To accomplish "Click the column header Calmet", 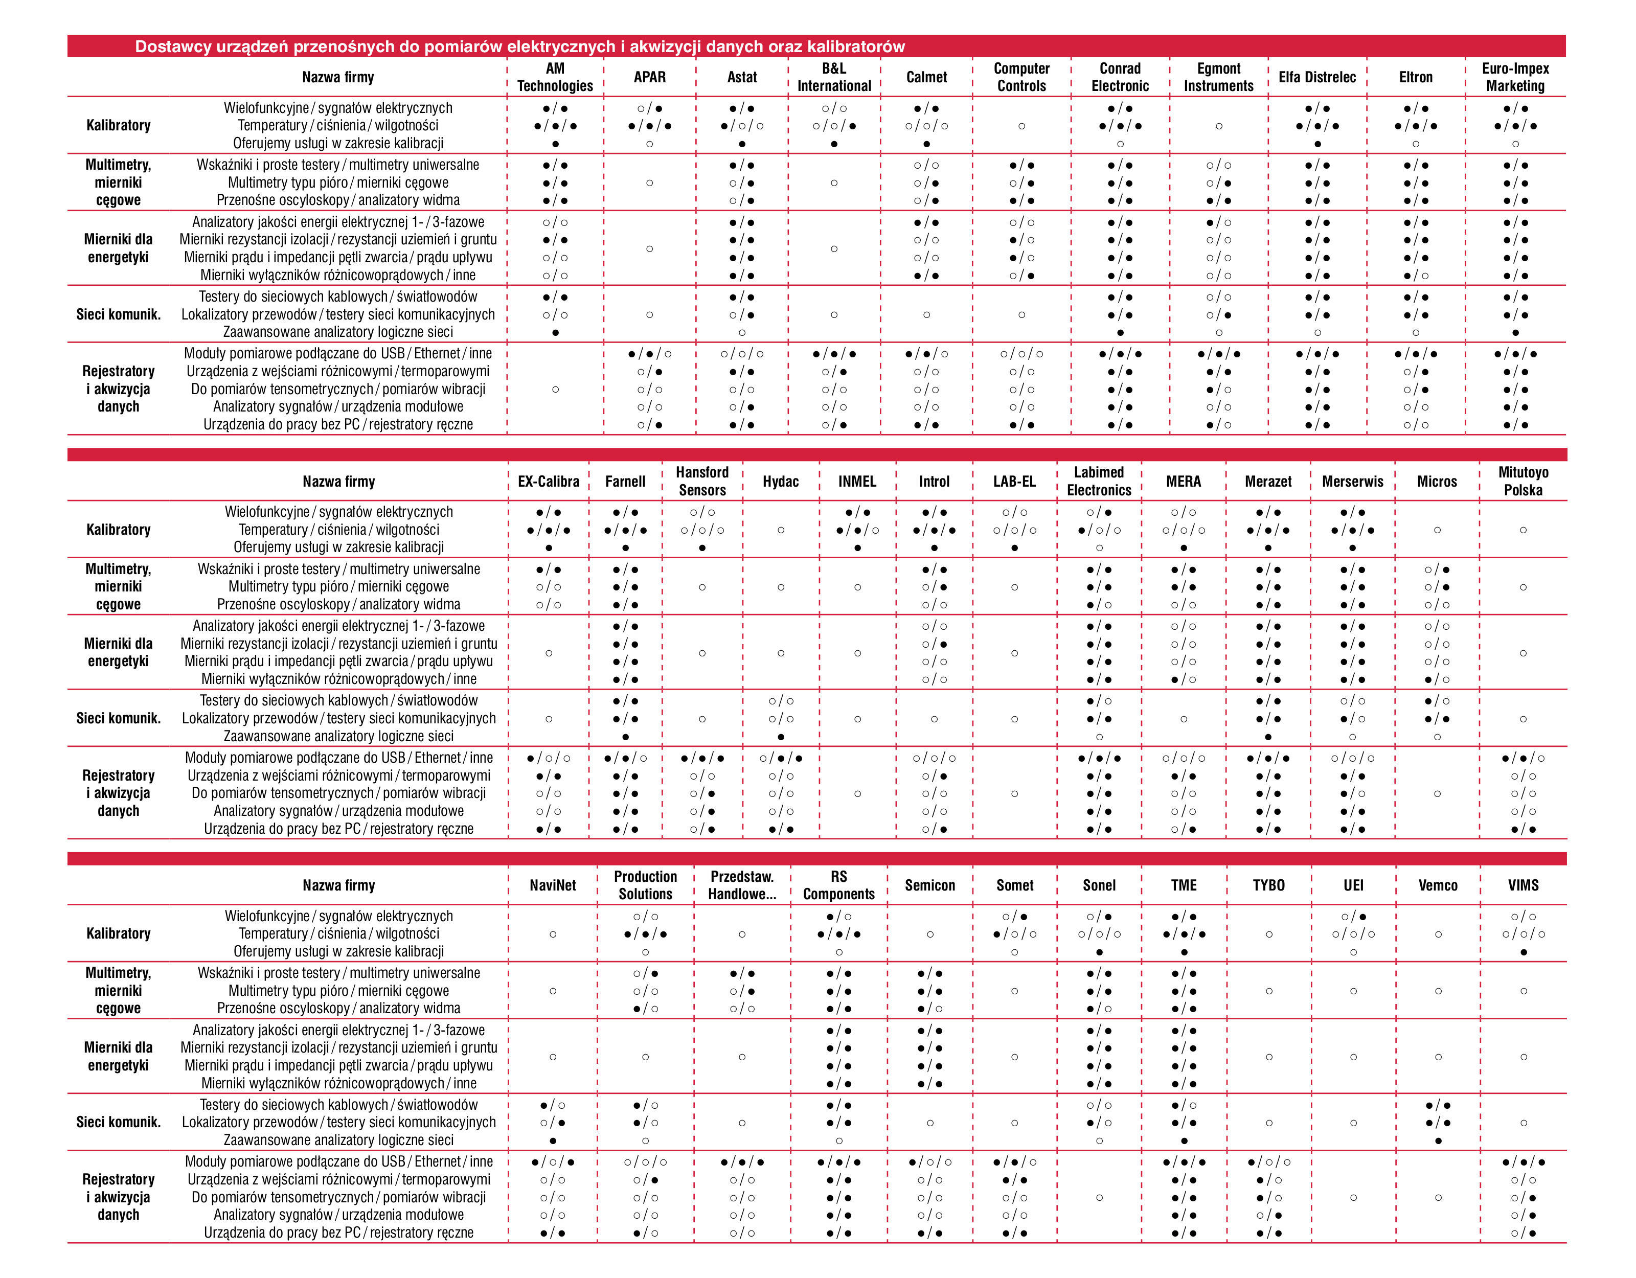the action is coord(926,77).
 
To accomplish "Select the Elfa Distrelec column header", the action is coord(1317,77).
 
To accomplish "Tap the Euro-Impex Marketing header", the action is coord(1515,77).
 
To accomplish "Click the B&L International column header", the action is coord(834,77).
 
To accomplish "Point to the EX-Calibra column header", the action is coord(549,482).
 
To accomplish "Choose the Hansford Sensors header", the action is coord(702,481).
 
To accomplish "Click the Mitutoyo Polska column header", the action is coord(1523,481).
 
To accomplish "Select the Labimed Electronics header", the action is coord(1099,481).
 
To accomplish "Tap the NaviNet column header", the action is coord(553,885).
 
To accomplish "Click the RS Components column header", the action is coord(839,885).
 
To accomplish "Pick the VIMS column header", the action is coord(1523,885).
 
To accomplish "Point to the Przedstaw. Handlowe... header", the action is coord(742,885).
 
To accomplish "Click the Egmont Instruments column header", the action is coord(1219,77).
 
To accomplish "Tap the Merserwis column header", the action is coord(1353,482).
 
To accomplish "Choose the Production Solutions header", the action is coord(645,885).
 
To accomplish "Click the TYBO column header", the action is coord(1268,885).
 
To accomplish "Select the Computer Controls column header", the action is coord(1022,77).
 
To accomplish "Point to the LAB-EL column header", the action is coord(1014,482).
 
